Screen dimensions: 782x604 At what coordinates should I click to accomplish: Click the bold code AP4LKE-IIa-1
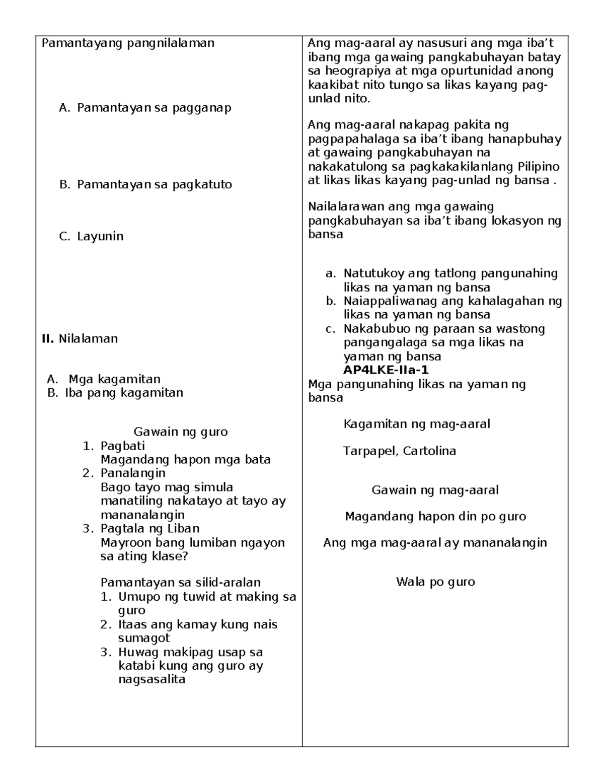click(x=386, y=370)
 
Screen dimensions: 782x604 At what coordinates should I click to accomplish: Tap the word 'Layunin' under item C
click(x=100, y=236)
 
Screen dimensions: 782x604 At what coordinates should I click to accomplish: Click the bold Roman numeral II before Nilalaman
click(x=47, y=338)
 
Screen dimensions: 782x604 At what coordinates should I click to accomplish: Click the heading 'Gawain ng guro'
click(x=181, y=432)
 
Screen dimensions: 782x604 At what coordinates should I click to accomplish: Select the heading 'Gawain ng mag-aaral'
click(x=435, y=490)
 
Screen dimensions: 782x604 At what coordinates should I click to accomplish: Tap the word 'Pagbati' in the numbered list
click(x=123, y=446)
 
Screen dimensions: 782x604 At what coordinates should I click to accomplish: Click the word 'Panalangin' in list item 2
click(x=133, y=473)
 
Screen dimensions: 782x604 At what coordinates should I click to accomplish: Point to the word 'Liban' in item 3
click(x=184, y=528)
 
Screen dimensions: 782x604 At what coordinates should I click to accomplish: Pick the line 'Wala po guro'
click(x=435, y=582)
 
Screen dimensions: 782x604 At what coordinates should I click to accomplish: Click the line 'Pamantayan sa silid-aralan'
click(x=181, y=583)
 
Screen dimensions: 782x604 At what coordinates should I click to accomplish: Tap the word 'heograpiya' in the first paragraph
click(x=359, y=71)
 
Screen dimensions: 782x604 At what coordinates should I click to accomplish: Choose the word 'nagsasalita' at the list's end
click(x=152, y=679)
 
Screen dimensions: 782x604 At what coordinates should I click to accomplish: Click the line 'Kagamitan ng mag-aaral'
click(x=417, y=423)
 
